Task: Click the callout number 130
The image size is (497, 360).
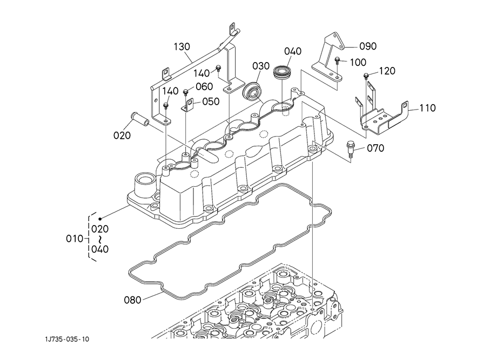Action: click(182, 47)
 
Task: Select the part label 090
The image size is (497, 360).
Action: click(367, 46)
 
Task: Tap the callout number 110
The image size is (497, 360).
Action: click(427, 108)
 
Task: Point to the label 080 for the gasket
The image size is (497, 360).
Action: click(133, 300)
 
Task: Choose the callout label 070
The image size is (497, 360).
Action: click(375, 148)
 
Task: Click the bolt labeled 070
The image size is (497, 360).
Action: click(351, 147)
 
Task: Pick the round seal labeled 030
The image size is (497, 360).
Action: click(252, 90)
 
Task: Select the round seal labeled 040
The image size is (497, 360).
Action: click(282, 72)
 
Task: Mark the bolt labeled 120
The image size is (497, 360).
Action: click(367, 75)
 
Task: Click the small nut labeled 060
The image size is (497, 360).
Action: click(185, 92)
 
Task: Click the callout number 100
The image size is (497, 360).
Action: click(358, 63)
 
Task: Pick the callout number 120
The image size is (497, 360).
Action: click(386, 71)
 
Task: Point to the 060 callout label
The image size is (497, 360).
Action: click(204, 86)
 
